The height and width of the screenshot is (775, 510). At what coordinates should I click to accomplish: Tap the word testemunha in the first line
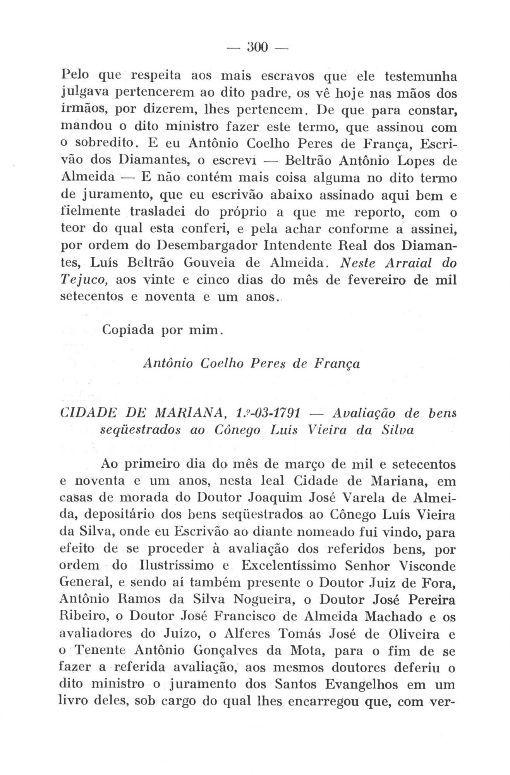(420, 77)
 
